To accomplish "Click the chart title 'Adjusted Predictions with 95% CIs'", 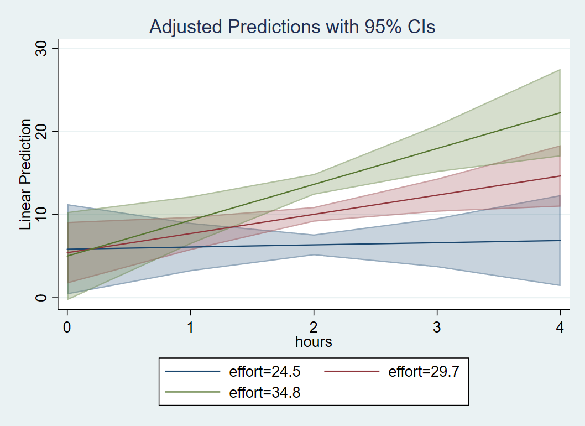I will click(292, 27).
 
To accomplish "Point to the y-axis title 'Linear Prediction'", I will click(25, 174).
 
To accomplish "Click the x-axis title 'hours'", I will click(314, 342).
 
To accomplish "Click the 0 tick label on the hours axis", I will click(67, 327).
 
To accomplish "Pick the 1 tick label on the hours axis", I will click(191, 327).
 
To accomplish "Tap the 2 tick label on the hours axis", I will click(314, 327).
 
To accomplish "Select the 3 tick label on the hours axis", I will click(437, 327).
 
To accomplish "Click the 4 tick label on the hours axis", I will click(561, 327).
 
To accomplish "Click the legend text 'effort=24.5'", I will click(264, 371).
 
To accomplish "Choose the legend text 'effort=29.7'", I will click(424, 371).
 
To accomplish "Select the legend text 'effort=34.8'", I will click(264, 392).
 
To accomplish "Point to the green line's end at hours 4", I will click(560, 113).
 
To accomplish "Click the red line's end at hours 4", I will click(560, 176).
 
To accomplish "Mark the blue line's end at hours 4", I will click(560, 241).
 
